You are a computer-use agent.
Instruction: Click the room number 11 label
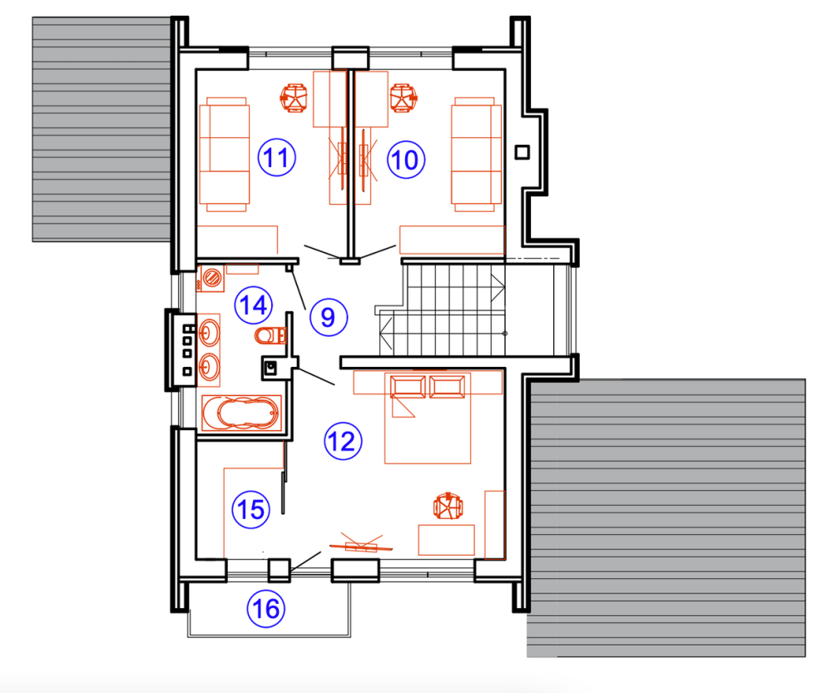pos(276,157)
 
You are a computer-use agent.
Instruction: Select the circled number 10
pos(406,159)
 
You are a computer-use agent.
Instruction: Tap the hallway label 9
pos(329,317)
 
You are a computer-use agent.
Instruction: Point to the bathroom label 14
pos(253,305)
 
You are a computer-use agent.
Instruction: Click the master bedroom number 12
pos(343,441)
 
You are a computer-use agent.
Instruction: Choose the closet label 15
pos(251,509)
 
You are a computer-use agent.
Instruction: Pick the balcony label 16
pos(266,609)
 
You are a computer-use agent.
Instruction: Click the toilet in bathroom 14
pos(270,335)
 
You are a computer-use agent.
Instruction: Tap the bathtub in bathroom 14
pos(241,413)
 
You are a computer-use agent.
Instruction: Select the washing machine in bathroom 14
pos(210,278)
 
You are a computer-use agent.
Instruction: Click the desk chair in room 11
pos(294,97)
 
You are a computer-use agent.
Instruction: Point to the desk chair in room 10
pos(404,97)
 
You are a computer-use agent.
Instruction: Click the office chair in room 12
pos(448,506)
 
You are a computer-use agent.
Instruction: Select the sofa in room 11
pos(224,155)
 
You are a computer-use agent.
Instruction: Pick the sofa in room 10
pos(476,155)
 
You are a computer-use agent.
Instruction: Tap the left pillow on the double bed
pos(408,387)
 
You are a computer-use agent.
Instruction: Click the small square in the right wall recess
pos(522,152)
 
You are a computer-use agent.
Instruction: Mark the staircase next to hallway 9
pos(443,309)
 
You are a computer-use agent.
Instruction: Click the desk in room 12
pos(446,540)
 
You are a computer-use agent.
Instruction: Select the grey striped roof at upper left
pos(102,129)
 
